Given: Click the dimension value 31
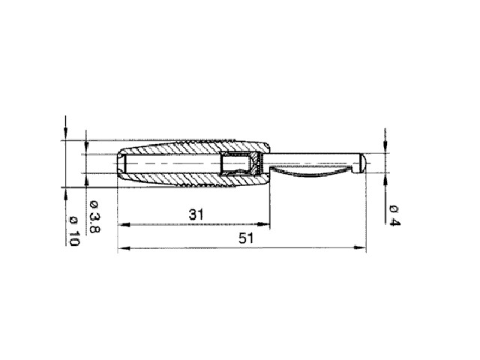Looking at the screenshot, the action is [196, 214].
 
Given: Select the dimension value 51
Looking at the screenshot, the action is [246, 238].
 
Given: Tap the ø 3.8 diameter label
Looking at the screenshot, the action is [94, 217].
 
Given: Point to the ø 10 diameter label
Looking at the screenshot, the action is [74, 231].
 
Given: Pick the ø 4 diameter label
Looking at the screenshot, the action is [394, 216].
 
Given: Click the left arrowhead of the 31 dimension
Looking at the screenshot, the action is [124, 224].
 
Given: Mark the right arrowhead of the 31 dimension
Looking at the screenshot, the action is [264, 224].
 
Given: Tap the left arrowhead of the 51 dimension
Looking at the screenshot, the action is [124, 247].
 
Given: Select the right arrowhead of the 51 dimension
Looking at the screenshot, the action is [360, 247].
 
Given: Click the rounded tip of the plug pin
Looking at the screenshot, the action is [363, 163].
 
